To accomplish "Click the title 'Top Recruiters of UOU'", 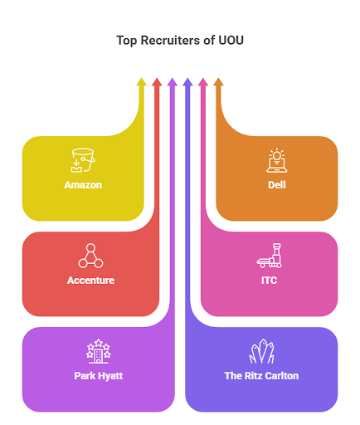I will click(x=180, y=40).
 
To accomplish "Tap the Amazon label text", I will click(x=83, y=184).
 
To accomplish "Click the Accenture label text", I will click(x=90, y=281).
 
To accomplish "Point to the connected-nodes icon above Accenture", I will click(x=90, y=256).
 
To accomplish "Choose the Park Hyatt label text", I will click(x=99, y=375).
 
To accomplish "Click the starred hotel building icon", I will click(x=99, y=350).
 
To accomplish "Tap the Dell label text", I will click(x=276, y=184).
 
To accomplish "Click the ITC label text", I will click(x=269, y=281).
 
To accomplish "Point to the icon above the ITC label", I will click(x=269, y=256).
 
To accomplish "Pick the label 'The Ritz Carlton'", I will click(x=261, y=375).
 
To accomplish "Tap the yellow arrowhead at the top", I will click(x=141, y=82).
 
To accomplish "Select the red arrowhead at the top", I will click(x=157, y=82).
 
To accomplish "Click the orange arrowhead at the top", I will click(x=219, y=82).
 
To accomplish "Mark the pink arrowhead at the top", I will click(x=203, y=82).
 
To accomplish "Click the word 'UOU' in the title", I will click(x=228, y=40).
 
